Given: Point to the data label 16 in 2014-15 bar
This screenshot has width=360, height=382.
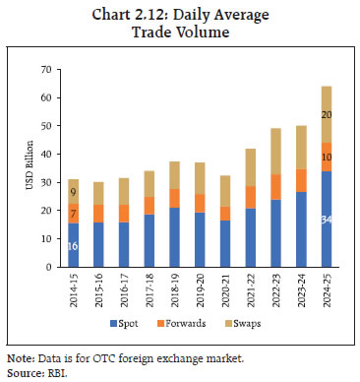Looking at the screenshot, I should pos(74,246).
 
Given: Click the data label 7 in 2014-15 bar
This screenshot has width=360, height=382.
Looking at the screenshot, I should pos(74,215).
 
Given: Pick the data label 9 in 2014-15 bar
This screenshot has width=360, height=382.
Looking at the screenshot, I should pos(74,192).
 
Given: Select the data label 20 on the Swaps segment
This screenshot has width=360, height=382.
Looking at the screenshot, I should pos(326,114).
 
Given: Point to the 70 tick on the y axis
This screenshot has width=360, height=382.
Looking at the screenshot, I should pos(44,70).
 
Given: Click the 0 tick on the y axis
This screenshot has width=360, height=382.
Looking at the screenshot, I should pos(47,268).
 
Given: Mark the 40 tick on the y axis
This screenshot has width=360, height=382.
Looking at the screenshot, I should pos(44,155).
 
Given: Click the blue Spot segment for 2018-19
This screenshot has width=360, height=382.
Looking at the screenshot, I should pos(174,237).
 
